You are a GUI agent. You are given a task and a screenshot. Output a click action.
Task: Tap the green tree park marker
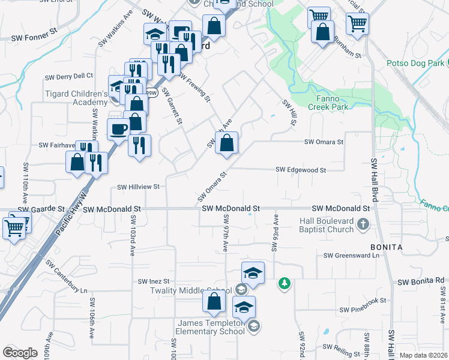[284, 282]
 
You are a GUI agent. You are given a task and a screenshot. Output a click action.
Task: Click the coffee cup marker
[117, 128]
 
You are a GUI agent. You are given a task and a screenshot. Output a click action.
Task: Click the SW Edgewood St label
[300, 170]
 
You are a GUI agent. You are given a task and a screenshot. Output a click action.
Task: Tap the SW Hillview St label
[138, 187]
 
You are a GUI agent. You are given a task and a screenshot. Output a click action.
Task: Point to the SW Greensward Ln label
[352, 256]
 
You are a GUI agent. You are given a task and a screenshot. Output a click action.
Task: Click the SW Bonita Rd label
[421, 281]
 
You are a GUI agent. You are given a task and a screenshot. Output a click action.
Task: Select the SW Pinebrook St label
[363, 310]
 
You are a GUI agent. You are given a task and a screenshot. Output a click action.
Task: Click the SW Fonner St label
[34, 37]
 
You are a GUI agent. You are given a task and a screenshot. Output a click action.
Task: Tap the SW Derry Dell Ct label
[70, 77]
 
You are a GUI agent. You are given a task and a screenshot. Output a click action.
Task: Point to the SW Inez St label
[154, 281]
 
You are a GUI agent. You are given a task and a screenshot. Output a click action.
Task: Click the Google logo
[20, 353]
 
